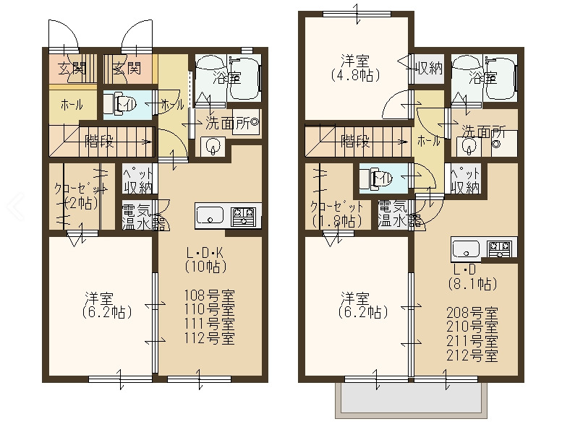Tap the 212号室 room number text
click(x=472, y=355)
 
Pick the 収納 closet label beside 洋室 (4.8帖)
click(x=430, y=69)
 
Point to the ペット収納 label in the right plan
click(x=465, y=181)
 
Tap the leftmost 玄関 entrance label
click(x=72, y=70)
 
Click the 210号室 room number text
click(x=472, y=327)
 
